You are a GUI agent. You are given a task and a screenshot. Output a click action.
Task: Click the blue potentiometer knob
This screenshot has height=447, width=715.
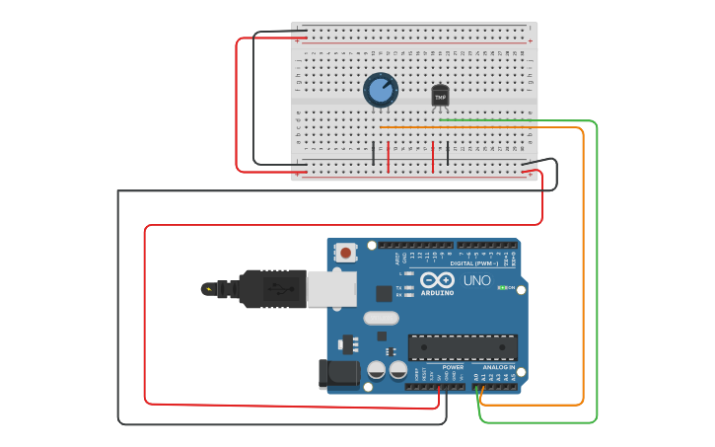pyautogui.click(x=380, y=90)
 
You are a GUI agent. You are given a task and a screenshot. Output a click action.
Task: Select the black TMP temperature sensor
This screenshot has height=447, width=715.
pyautogui.click(x=440, y=96)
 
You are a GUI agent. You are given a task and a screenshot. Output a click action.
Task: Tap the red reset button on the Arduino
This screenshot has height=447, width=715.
pyautogui.click(x=345, y=253)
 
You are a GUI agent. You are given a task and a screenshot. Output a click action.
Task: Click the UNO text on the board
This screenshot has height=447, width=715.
pyautogui.click(x=477, y=280)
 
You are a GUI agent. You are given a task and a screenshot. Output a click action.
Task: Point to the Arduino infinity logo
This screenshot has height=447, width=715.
pyautogui.click(x=437, y=279)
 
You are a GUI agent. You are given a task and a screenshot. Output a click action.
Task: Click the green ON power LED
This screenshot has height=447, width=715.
pyautogui.click(x=502, y=288)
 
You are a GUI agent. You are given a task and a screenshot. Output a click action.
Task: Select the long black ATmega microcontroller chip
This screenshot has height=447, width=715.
pyautogui.click(x=463, y=347)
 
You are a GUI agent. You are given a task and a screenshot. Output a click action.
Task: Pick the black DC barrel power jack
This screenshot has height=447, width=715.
pyautogui.click(x=337, y=374)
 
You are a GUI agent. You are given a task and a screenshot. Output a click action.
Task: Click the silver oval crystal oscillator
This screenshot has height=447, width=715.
pyautogui.click(x=381, y=318)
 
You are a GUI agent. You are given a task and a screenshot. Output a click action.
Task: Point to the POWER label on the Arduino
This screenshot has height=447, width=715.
pyautogui.click(x=453, y=367)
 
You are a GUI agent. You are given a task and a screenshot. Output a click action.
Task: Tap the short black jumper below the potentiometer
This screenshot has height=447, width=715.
pyautogui.click(x=373, y=154)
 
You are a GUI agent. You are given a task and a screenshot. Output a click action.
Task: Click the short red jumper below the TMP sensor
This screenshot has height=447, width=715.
pyautogui.click(x=433, y=156)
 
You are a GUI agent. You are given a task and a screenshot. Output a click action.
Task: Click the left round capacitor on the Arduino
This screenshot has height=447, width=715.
pyautogui.click(x=376, y=370)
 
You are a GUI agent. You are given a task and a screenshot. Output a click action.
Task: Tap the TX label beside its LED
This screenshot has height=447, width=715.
pyautogui.click(x=398, y=288)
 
